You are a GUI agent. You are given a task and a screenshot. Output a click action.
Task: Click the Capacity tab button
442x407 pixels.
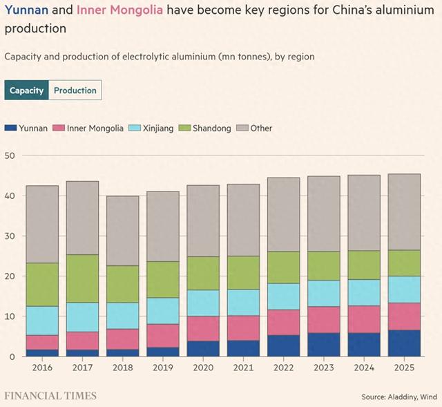tap(27, 91)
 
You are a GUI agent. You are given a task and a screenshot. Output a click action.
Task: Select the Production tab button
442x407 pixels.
tap(75, 91)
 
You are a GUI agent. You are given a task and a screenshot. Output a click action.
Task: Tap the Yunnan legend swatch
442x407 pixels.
tap(10, 128)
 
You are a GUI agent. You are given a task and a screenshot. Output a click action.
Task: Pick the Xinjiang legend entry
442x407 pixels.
tap(153, 128)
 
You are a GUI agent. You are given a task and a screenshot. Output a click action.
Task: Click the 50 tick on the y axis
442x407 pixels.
tap(10, 155)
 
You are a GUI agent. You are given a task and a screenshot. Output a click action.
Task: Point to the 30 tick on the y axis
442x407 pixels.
tap(10, 236)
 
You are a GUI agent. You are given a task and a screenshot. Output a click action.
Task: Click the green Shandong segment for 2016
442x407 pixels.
tap(42, 284)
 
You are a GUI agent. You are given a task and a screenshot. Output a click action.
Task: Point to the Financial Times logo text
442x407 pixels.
tap(50, 396)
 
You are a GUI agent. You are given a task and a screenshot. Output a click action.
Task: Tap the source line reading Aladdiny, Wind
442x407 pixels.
tap(398, 397)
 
